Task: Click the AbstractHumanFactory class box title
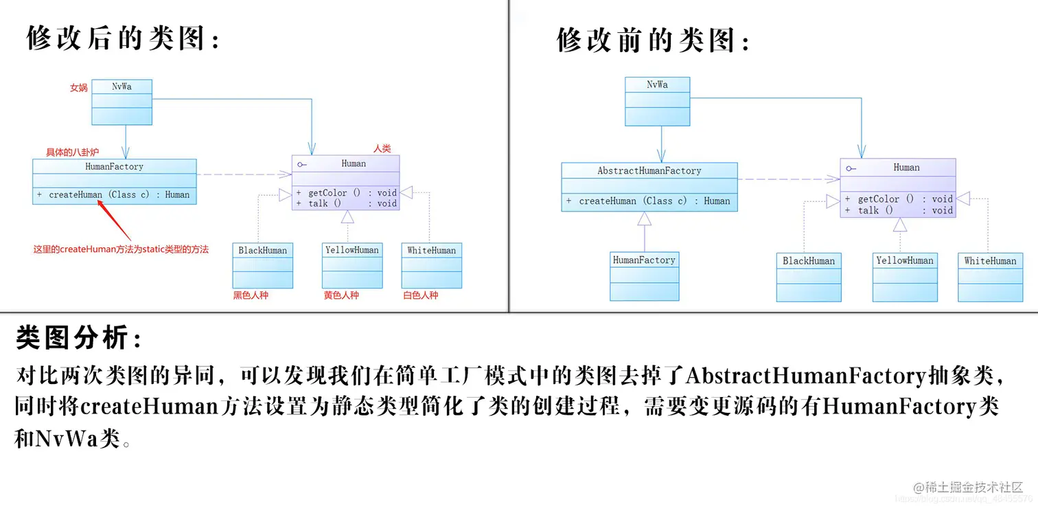click(649, 170)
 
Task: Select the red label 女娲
click(79, 88)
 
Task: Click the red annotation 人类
click(382, 148)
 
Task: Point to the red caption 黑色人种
click(251, 295)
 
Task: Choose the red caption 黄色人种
click(341, 295)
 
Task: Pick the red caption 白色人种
click(420, 295)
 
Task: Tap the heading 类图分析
click(80, 337)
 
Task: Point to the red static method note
click(121, 249)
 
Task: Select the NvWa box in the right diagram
click(657, 101)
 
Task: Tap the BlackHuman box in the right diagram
click(809, 277)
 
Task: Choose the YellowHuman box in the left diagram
click(352, 265)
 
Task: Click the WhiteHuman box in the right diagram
click(990, 277)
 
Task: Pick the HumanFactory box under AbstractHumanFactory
click(644, 275)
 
